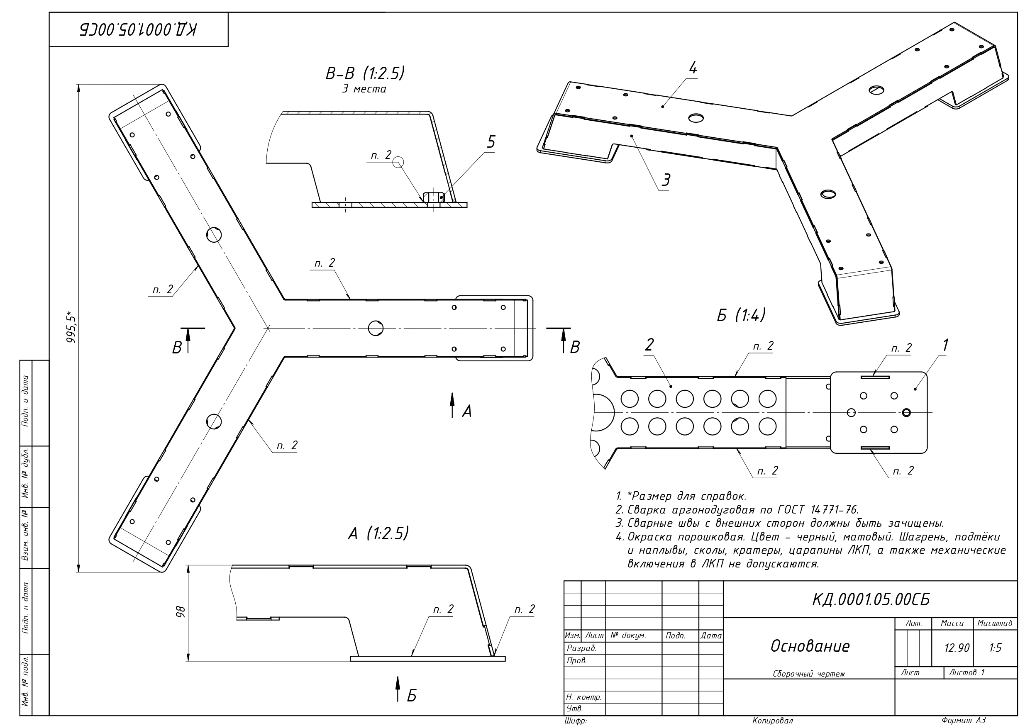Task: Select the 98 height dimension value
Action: point(181,612)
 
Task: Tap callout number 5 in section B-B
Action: point(491,142)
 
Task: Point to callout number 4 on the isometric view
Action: point(693,68)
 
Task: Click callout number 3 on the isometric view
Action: point(666,180)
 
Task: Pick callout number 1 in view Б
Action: point(945,346)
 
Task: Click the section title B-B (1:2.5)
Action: point(365,73)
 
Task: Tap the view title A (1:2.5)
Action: point(378,533)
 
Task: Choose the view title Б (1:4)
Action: point(741,315)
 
